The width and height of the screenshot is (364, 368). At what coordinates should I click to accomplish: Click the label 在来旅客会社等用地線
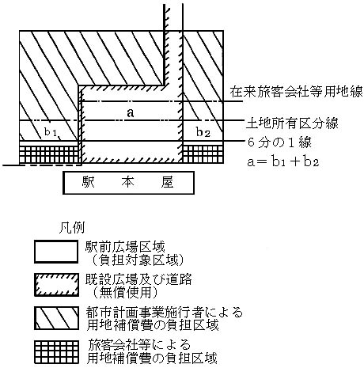click(297, 92)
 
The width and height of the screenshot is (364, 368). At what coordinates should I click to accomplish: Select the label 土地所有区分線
click(292, 123)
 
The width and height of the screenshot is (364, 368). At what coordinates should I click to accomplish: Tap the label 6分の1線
click(279, 142)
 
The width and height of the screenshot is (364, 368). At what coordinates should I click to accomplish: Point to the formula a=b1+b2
click(283, 161)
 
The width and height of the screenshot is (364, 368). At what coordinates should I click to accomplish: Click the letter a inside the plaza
click(131, 113)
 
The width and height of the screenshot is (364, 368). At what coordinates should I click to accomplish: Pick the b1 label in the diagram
click(51, 132)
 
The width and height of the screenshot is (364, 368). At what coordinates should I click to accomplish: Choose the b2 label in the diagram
click(203, 132)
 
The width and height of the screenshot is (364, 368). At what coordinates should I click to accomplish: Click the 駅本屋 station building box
click(128, 183)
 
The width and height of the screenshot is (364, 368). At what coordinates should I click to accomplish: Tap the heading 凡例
click(72, 228)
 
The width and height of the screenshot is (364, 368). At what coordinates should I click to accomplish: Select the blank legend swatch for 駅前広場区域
click(56, 252)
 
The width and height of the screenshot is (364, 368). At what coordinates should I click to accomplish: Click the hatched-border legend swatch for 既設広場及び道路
click(56, 285)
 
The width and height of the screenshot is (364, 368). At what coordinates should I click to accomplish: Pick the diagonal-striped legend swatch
click(56, 318)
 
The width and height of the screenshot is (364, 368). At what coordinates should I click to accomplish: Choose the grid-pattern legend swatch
click(56, 352)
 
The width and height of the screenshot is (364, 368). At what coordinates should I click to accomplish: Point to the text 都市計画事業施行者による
click(164, 313)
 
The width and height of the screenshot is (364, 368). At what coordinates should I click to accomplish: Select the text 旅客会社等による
click(139, 345)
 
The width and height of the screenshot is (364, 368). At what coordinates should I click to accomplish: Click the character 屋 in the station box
click(167, 183)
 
